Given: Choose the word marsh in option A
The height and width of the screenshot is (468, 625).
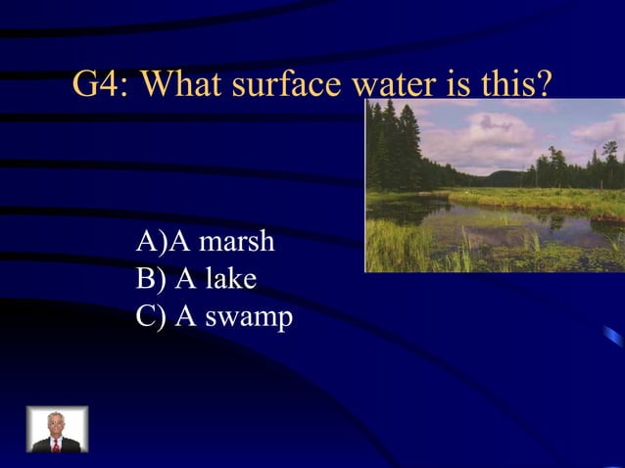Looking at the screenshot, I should (x=235, y=241).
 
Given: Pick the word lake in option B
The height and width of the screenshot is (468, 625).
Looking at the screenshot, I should (x=229, y=279).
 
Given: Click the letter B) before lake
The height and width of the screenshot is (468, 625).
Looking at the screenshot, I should (x=152, y=279).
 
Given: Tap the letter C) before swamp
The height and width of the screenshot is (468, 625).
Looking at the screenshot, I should (x=152, y=318).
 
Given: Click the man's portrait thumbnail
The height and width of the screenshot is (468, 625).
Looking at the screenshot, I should (x=57, y=429).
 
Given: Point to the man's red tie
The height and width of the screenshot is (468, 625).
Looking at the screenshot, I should (x=57, y=444).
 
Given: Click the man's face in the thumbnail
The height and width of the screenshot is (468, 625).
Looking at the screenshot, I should (x=56, y=424).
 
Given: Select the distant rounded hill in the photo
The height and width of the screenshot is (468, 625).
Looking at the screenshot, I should (x=505, y=179).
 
